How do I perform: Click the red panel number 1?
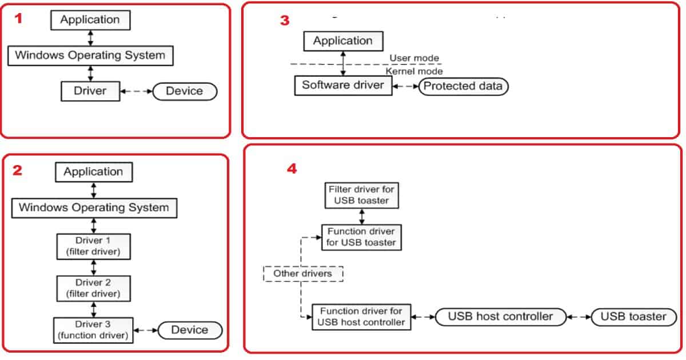(x=19, y=18)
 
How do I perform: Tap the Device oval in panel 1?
(x=184, y=91)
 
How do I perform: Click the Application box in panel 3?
(x=343, y=41)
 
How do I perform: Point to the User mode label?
(x=414, y=58)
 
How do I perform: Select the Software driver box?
(x=343, y=86)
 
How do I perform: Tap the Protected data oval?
(x=463, y=86)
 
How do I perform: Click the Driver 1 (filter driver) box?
(x=93, y=246)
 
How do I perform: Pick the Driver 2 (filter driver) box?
(x=93, y=288)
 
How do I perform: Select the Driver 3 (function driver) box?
(x=93, y=330)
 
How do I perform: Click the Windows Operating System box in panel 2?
(x=94, y=207)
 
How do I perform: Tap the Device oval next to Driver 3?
(x=190, y=330)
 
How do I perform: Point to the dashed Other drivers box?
(x=303, y=274)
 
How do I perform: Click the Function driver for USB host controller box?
(x=361, y=317)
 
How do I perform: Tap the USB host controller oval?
(x=500, y=317)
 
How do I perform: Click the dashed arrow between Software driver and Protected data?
(x=405, y=86)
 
